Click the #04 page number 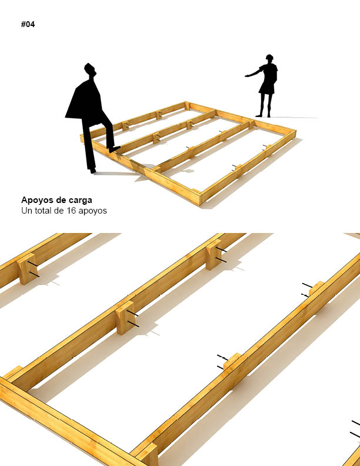(28, 24)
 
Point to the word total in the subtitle (44, 211)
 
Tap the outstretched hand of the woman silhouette (247, 76)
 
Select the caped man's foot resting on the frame (115, 149)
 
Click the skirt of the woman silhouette (266, 88)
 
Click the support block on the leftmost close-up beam (27, 269)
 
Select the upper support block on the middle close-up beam (214, 254)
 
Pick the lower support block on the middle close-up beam (125, 318)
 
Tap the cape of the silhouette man (85, 101)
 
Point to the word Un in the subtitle (25, 211)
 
